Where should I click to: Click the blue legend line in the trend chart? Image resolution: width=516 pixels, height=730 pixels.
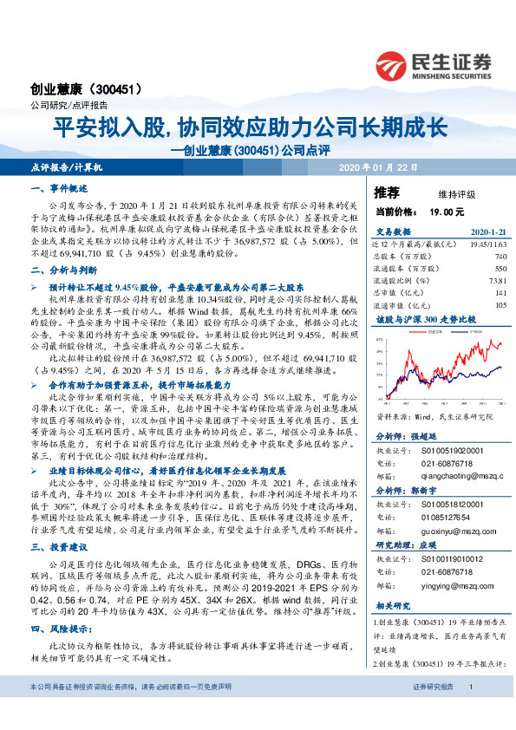click(457, 331)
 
